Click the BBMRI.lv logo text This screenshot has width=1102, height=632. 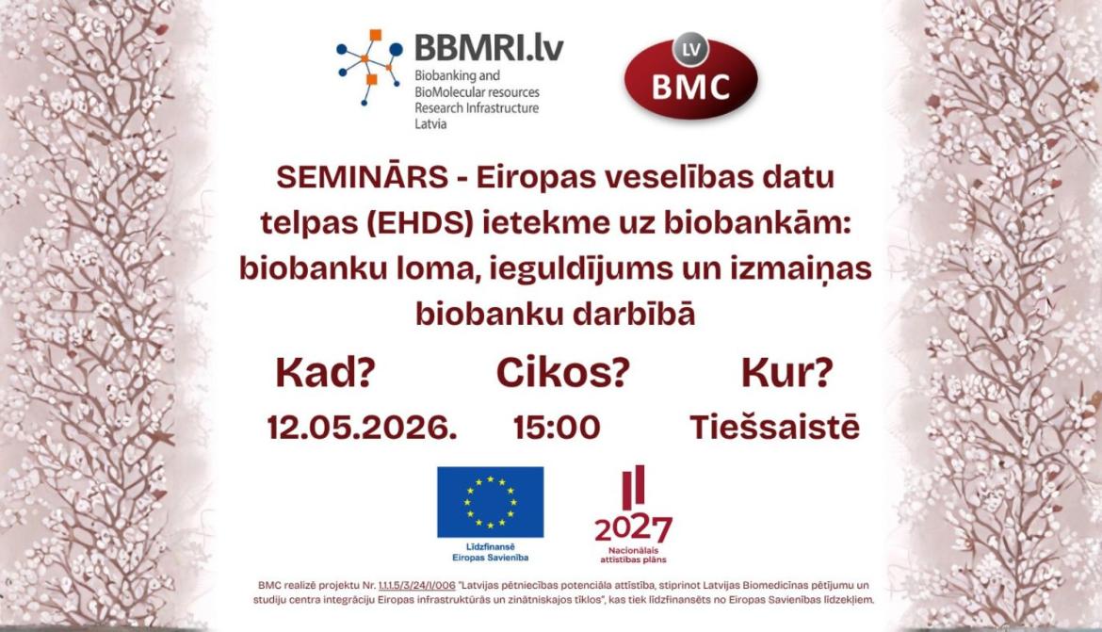point(489,46)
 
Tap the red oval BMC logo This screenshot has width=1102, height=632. point(690,80)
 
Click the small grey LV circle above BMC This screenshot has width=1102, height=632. point(690,48)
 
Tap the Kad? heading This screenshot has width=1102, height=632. point(325,374)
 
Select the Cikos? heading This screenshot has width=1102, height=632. point(562,374)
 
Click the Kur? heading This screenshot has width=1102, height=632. point(786,374)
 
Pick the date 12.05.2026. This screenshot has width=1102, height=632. point(362,428)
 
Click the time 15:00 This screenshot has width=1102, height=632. point(557,428)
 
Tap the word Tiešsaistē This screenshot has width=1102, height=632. point(774,428)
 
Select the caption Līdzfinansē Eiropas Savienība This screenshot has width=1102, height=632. point(490,553)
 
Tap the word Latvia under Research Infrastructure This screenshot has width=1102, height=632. point(430,123)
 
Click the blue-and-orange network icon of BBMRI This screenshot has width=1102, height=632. point(370,67)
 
